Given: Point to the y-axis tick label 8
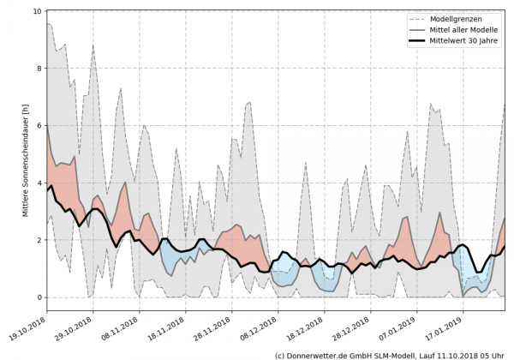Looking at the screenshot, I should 39,69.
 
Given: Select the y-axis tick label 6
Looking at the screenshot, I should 39,126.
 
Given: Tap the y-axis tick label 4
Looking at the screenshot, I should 39,183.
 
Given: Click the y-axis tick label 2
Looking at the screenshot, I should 39,241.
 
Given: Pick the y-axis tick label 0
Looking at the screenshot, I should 39,297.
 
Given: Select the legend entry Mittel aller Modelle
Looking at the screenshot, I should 470,31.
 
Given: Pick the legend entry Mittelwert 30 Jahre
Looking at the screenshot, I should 470,43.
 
